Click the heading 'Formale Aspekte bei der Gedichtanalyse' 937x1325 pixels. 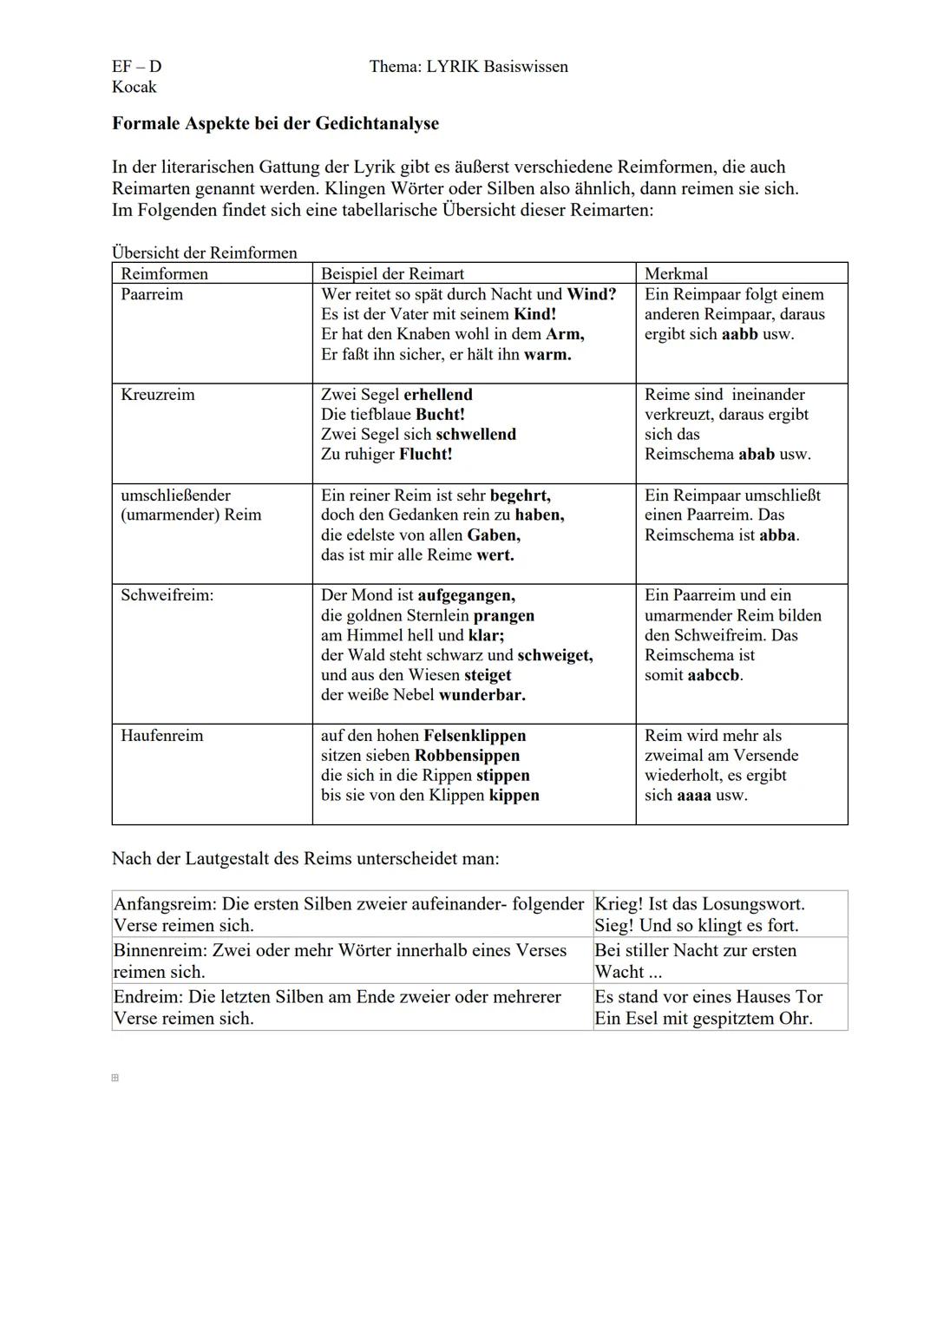pos(275,123)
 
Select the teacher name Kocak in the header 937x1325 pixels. pos(134,87)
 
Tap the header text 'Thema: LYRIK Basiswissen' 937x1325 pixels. pos(468,67)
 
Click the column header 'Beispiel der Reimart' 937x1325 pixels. pos(392,273)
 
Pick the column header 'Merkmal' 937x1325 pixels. pos(676,273)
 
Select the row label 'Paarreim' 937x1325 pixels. pos(152,294)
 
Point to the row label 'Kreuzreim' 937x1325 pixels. pos(158,395)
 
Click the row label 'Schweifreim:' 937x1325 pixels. pos(167,595)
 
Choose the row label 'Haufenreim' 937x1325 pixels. pos(162,736)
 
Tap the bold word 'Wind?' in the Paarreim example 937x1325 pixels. pos(591,294)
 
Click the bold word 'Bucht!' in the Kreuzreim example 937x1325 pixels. pos(440,415)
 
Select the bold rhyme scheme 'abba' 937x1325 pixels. pos(777,535)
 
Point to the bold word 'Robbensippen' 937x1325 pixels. pos(467,756)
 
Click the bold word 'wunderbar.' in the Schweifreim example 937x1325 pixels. pos(482,695)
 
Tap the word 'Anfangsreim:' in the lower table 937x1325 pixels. pos(165,904)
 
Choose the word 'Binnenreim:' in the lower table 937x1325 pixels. pos(161,951)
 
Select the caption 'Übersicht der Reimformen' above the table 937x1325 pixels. pos(205,253)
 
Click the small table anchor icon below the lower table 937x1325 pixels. pos(115,1078)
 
